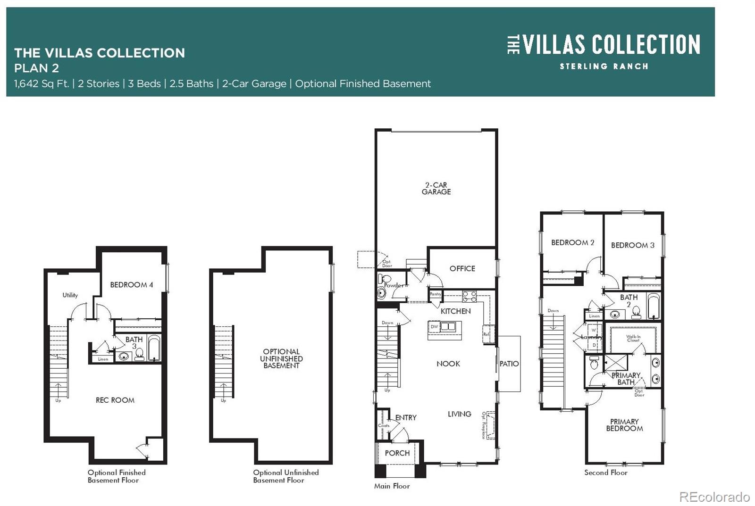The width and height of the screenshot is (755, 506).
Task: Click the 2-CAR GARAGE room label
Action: (x=436, y=189)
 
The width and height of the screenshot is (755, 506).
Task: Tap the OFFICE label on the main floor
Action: (x=462, y=268)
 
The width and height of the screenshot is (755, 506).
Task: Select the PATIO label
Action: (x=509, y=364)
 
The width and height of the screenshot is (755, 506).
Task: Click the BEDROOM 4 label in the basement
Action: (x=131, y=285)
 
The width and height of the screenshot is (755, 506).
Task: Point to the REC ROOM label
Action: (x=115, y=400)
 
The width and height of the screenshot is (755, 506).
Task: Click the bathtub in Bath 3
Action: (x=154, y=348)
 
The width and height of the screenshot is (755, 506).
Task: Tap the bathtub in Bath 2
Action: (x=654, y=307)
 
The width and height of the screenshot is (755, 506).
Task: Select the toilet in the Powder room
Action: (x=381, y=279)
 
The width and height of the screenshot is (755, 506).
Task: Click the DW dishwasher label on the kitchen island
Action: (x=434, y=326)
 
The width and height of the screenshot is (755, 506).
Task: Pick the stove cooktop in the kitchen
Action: (x=469, y=296)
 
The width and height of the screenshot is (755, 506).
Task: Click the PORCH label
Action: (x=397, y=453)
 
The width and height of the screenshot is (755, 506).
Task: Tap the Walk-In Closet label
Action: (x=633, y=338)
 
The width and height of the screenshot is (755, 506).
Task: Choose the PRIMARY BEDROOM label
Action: (x=624, y=425)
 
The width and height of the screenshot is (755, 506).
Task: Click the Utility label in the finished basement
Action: (x=70, y=295)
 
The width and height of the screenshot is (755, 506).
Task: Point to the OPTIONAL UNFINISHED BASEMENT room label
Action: (x=281, y=358)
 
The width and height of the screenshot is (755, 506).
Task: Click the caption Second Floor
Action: (x=605, y=473)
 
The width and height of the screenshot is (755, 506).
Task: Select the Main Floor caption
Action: (x=392, y=486)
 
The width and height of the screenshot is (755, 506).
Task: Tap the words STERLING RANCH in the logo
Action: (x=604, y=66)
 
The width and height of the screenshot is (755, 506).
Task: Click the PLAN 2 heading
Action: (x=36, y=68)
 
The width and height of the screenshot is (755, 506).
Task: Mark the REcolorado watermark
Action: (x=714, y=497)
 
